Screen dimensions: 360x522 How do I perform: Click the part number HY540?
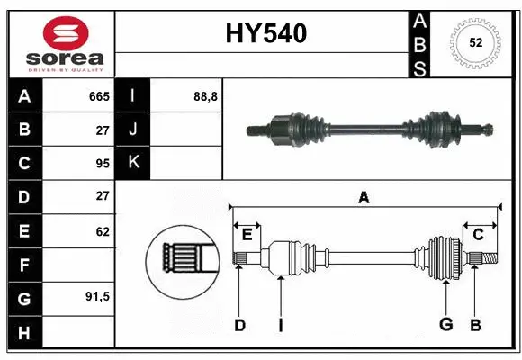coord(265,33)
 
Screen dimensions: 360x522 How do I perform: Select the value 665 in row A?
coord(98,96)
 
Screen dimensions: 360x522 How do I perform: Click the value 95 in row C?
coord(102,163)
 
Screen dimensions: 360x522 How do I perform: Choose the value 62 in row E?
coord(102,231)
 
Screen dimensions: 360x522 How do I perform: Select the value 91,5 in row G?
coord(97,296)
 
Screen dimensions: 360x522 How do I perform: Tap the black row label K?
coord(134,163)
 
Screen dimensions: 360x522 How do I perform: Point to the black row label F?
coord(24,265)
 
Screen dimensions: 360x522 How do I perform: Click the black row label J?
coord(134,130)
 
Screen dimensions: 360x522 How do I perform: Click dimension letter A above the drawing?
coord(364,197)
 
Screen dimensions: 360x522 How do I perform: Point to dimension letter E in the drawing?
coord(247,234)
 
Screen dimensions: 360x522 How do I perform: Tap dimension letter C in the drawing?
coord(478,234)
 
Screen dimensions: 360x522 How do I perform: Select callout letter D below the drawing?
coord(239,325)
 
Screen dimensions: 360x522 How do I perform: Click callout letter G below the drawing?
coord(445,325)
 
